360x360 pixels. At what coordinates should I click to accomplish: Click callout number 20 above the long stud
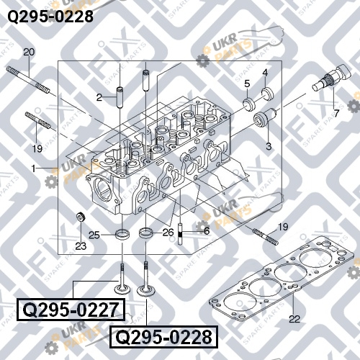[x=29, y=52]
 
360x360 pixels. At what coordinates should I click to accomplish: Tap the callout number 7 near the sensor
[x=336, y=113]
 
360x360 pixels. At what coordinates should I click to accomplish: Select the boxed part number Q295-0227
[x=71, y=310]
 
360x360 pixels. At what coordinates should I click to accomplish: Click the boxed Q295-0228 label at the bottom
[x=164, y=337]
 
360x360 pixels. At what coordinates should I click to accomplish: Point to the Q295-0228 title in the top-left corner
[x=50, y=17]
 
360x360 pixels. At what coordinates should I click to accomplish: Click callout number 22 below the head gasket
[x=294, y=319]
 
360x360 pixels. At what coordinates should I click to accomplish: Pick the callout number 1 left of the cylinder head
[x=34, y=168]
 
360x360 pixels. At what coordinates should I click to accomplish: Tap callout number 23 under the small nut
[x=81, y=246]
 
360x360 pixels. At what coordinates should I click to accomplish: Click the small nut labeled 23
[x=81, y=217]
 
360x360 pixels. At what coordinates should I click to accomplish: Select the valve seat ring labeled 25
[x=122, y=234]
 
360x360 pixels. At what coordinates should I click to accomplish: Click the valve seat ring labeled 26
[x=146, y=233]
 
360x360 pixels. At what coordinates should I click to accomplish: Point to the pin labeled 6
[x=180, y=234]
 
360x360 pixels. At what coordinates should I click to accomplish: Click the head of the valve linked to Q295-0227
[x=122, y=289]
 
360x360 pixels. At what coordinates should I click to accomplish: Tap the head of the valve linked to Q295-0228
[x=145, y=291]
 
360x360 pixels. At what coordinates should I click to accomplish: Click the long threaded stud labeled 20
[x=29, y=80]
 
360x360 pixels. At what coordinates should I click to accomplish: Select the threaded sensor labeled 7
[x=333, y=77]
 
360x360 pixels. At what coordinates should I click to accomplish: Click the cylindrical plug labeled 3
[x=265, y=117]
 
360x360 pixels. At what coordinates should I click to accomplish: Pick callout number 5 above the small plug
[x=247, y=84]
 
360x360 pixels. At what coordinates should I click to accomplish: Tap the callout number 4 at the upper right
[x=265, y=73]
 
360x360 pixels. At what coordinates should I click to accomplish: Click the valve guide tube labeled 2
[x=120, y=98]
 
